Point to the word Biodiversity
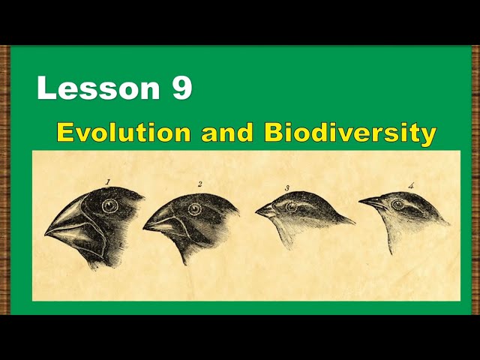click(x=350, y=133)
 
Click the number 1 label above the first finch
click(x=108, y=181)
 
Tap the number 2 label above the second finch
click(x=200, y=184)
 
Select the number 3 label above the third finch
click(x=287, y=187)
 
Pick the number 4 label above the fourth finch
click(x=410, y=185)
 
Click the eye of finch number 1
click(x=111, y=205)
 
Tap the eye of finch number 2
click(x=195, y=209)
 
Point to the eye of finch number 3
click(x=291, y=207)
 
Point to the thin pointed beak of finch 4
click(x=371, y=201)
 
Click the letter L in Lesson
click(x=46, y=88)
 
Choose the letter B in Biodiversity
click(x=273, y=133)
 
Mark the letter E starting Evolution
click(x=66, y=133)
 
